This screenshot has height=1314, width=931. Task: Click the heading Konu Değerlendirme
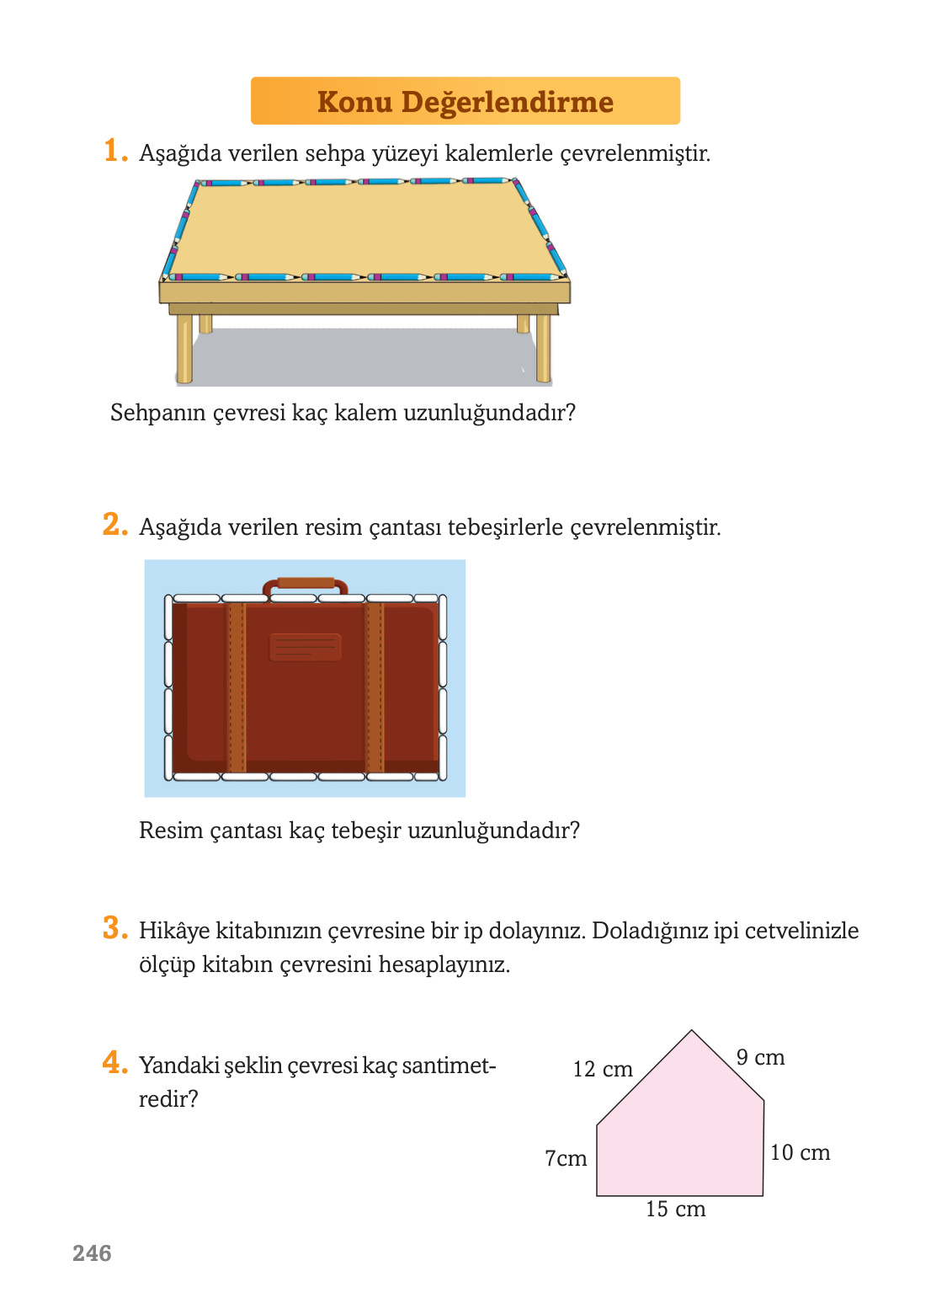465,102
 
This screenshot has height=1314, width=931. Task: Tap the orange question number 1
114,152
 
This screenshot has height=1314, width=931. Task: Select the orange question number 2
114,525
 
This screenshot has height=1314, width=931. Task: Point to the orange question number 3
114,928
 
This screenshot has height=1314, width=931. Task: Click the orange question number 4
114,1063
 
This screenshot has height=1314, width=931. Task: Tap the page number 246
92,1253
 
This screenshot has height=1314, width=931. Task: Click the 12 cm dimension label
603,1070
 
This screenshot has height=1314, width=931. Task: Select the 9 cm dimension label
760,1058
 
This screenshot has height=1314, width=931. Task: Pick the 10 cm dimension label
800,1153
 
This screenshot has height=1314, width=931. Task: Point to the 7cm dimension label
566,1159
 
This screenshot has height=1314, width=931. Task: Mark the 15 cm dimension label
675,1210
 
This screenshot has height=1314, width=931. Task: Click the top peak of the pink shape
692,1032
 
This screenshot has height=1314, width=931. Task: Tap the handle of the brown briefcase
305,583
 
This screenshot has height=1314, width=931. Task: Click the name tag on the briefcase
305,647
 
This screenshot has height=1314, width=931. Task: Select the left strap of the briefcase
237,686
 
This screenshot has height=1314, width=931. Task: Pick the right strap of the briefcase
375,686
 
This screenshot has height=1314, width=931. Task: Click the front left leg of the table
184,348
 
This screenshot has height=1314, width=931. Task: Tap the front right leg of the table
544,348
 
